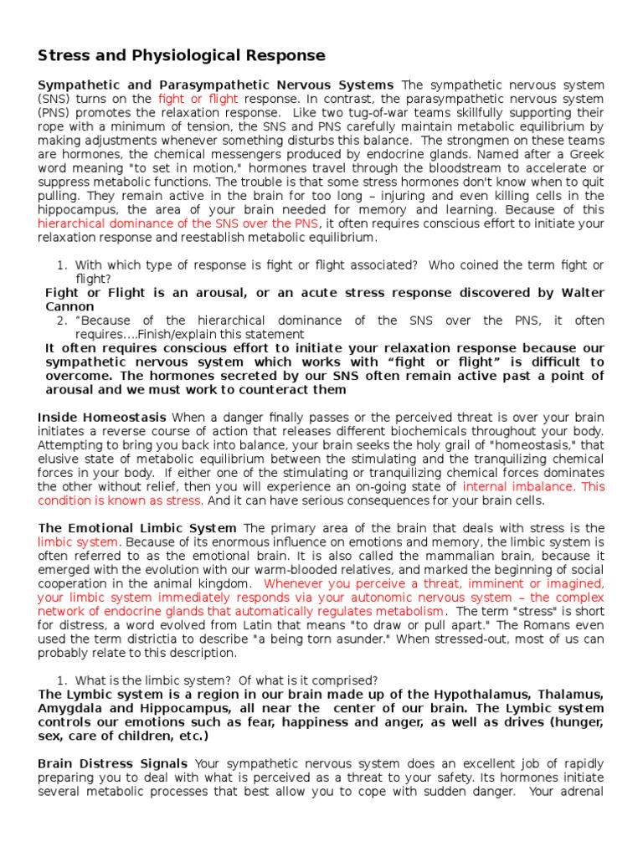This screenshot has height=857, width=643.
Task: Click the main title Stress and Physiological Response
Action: coord(182,56)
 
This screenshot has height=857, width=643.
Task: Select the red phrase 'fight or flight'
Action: coord(198,99)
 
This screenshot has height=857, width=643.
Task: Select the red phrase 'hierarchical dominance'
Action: coord(102,223)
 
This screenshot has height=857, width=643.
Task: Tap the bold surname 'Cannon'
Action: coord(69,307)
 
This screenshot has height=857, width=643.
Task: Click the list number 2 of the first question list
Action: coord(61,321)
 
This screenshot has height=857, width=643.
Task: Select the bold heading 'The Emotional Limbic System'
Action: coord(137,528)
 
